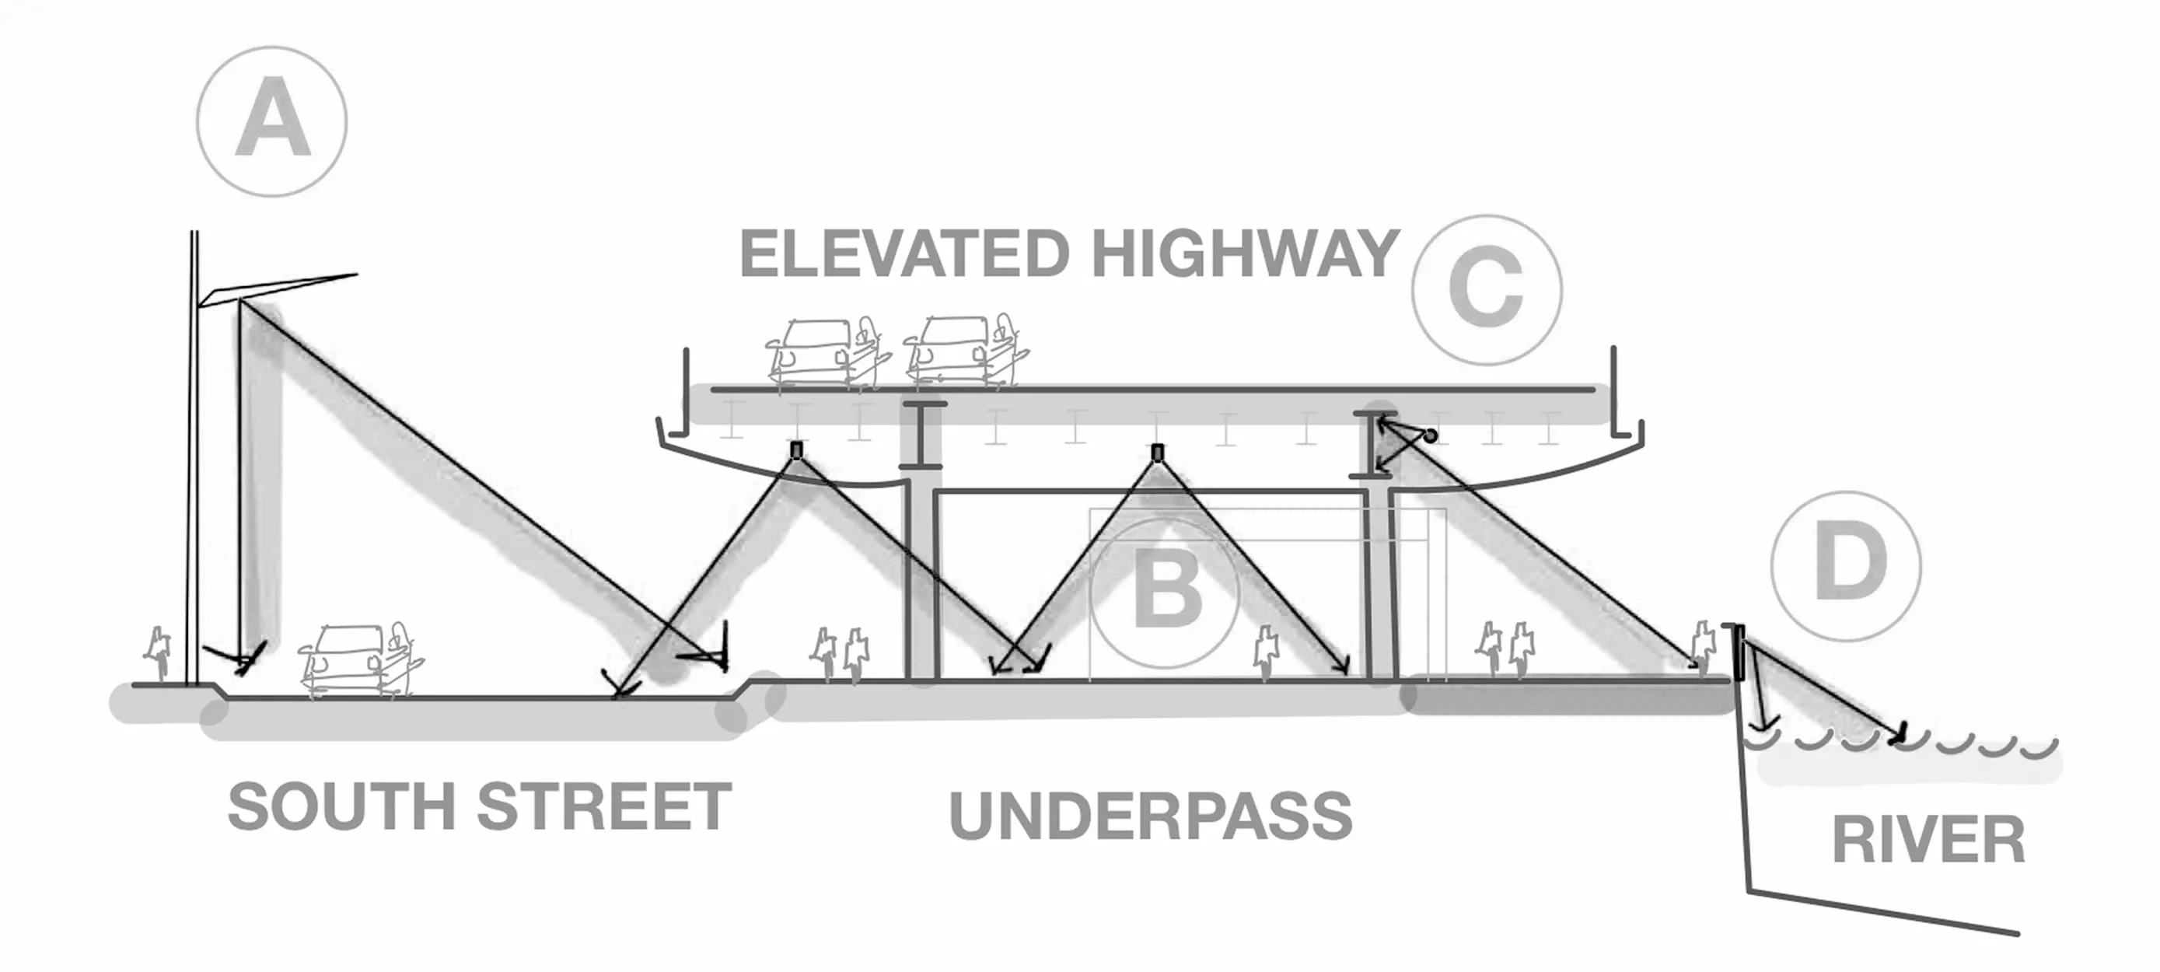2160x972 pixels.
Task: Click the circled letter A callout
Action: [271, 121]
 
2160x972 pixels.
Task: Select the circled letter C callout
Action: [1486, 289]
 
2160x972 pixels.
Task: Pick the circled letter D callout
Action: [1846, 566]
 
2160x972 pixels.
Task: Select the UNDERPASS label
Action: [1151, 815]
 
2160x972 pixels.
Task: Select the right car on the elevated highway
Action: [964, 352]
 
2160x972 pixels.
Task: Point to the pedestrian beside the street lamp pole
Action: [158, 652]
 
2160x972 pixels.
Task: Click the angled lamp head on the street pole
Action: [277, 288]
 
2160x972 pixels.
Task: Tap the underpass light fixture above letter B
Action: [1157, 453]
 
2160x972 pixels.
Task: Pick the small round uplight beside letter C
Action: [1431, 436]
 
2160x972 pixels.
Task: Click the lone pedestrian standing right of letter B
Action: [1266, 650]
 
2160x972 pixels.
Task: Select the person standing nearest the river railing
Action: [1703, 645]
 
